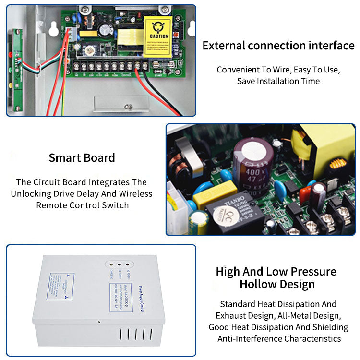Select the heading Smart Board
coord(82,157)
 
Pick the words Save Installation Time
coord(278,81)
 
